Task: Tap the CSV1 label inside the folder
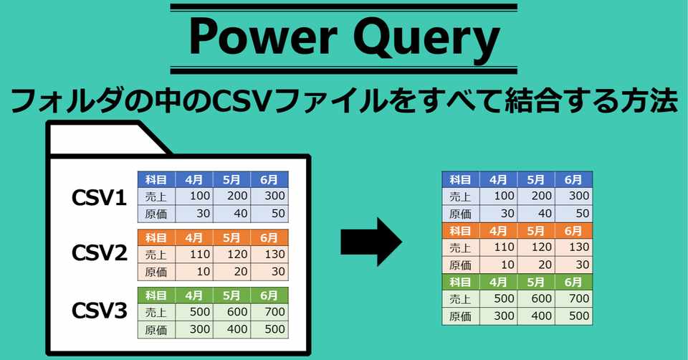(x=99, y=197)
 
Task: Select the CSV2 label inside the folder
(x=99, y=252)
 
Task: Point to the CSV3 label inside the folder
(x=99, y=311)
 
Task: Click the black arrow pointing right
(x=371, y=242)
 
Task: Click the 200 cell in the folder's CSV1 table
(x=231, y=196)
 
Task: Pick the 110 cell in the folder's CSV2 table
(x=194, y=255)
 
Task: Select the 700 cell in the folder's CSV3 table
(x=269, y=312)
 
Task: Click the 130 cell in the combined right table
(x=573, y=247)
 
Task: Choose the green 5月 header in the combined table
(x=536, y=282)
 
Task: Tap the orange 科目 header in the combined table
(x=461, y=230)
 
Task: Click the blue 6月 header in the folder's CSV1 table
(x=269, y=179)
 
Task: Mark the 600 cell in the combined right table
(x=536, y=298)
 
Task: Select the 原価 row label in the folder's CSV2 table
(x=156, y=273)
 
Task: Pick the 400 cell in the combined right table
(x=536, y=316)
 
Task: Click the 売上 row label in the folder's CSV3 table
(x=156, y=312)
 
